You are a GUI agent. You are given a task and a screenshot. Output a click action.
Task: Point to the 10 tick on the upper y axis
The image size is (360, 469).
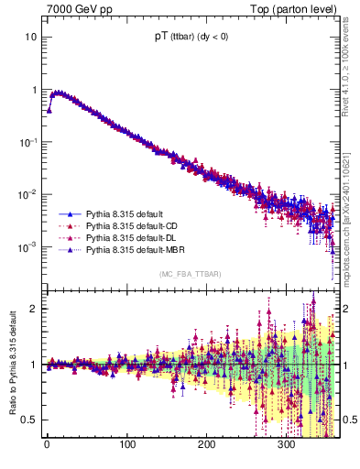tap(31, 38)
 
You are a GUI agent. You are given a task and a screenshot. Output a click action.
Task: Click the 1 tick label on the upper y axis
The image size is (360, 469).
tap(34, 90)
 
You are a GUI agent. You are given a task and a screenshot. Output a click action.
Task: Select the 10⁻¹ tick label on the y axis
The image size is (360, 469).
tap(29, 142)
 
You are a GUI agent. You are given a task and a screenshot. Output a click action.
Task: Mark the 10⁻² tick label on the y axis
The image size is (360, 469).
tap(29, 194)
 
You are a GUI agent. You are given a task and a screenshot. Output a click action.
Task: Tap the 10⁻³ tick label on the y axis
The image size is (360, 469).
tap(29, 246)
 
